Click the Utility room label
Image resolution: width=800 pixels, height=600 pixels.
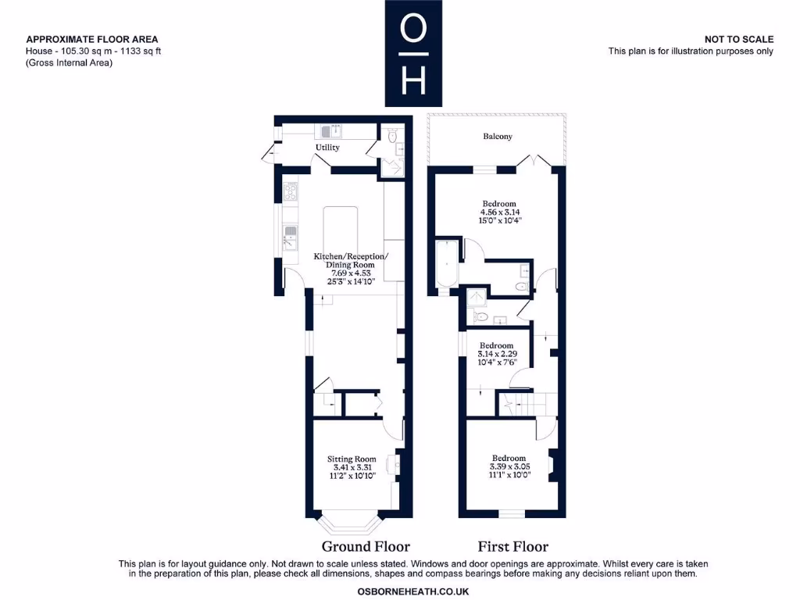tap(327, 147)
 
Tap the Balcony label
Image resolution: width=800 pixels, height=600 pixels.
tap(498, 136)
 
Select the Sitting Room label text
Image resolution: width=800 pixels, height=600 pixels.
tap(352, 459)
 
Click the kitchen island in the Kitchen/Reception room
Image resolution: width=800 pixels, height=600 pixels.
tap(341, 228)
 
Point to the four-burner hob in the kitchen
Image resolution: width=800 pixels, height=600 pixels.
tap(291, 191)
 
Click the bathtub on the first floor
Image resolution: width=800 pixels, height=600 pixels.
tap(446, 265)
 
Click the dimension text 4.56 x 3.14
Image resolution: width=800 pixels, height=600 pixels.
tap(499, 212)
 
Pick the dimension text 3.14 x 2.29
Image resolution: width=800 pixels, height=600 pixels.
tap(496, 354)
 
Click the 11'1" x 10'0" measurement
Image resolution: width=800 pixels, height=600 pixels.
tap(509, 474)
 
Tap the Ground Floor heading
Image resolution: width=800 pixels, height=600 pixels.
tap(366, 546)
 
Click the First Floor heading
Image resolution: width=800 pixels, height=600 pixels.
tap(512, 546)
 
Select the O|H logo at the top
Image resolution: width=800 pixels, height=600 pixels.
tap(413, 53)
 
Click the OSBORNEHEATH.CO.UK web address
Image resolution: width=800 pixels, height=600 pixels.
tap(412, 591)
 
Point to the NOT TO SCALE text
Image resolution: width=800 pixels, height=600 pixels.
tap(738, 39)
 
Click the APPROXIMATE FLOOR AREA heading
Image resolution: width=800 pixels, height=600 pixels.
tap(92, 39)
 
